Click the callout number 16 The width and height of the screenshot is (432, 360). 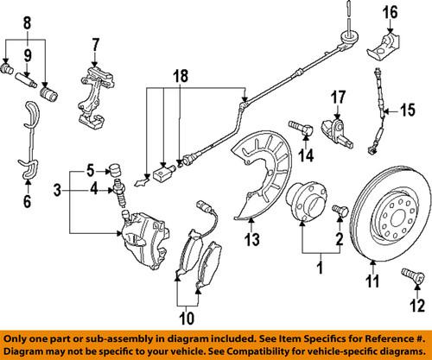[389, 13]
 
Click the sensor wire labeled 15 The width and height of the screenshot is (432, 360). [379, 108]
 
